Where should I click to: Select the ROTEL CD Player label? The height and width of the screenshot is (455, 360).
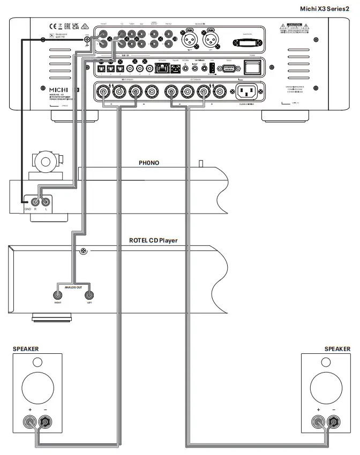tap(153, 240)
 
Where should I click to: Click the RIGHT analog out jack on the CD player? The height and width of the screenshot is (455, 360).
tap(57, 295)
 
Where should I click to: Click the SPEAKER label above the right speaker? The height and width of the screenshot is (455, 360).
tap(337, 348)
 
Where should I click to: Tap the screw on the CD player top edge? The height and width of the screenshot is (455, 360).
tap(83, 251)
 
